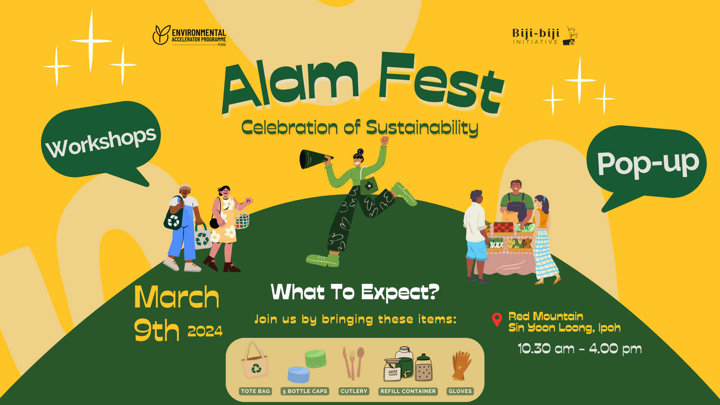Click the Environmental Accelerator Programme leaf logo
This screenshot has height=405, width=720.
click(161, 35)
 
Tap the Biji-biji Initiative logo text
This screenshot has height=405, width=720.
click(536, 36)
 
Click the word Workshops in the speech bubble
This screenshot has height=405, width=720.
click(100, 141)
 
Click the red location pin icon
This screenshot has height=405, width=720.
click(497, 319)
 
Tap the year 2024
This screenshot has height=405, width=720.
click(205, 331)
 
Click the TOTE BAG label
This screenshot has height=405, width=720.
click(255, 391)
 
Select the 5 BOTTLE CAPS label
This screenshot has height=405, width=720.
click(305, 391)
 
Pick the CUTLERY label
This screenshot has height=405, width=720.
click(354, 391)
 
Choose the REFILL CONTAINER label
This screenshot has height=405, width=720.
click(408, 391)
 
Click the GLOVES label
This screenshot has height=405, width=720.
click(460, 391)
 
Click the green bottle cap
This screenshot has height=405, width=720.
click(316, 359)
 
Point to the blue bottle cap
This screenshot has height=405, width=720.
click(299, 374)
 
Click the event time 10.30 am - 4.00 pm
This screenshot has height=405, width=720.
click(580, 349)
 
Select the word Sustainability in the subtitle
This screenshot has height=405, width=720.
click(422, 128)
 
